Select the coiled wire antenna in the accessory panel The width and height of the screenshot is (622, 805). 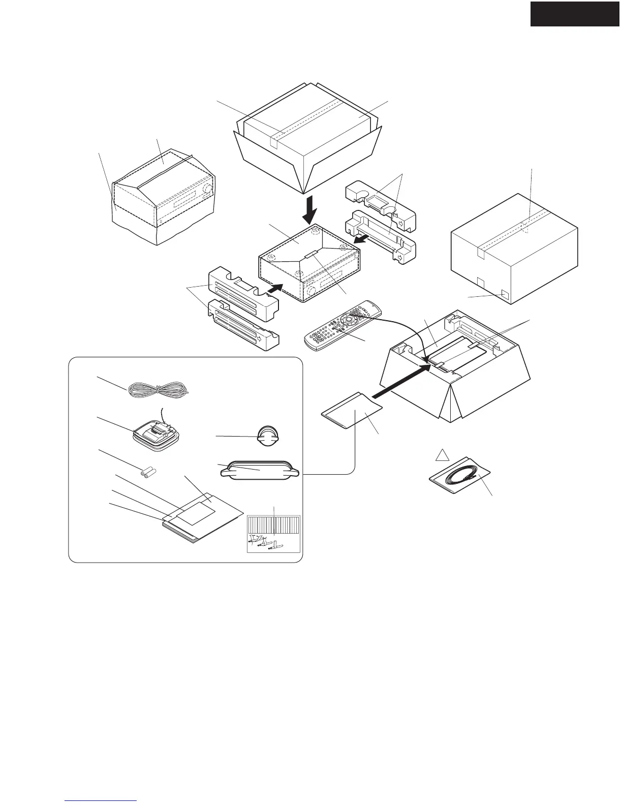pyautogui.click(x=158, y=390)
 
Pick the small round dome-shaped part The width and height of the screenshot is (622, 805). pyautogui.click(x=268, y=436)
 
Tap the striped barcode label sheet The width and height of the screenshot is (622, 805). pyautogui.click(x=273, y=534)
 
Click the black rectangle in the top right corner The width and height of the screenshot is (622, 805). pyautogui.click(x=575, y=13)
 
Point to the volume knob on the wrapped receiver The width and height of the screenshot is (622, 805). pyautogui.click(x=207, y=190)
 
